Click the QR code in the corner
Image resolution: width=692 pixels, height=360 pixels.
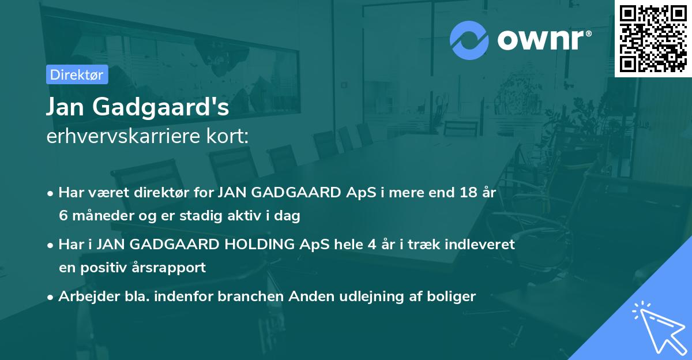[653, 38]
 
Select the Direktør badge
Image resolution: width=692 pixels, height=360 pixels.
[77, 74]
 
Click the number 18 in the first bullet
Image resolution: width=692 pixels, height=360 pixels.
[464, 193]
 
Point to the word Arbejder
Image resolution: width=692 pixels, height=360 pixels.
[84, 297]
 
